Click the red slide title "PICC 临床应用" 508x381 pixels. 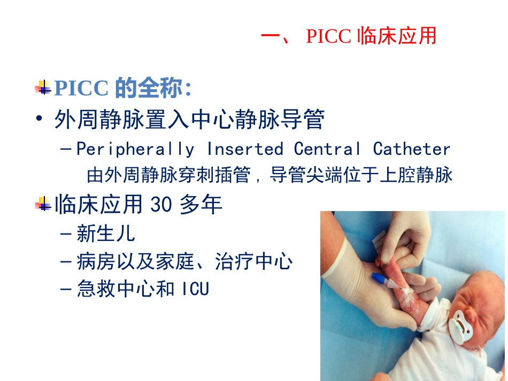349,36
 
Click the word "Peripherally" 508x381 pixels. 135,149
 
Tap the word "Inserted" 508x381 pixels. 244,149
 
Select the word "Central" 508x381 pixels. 327,149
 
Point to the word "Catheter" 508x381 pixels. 412,149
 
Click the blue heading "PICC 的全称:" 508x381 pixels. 123,89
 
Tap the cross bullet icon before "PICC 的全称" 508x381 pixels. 43,87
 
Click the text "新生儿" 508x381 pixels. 106,234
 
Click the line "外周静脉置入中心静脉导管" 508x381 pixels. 189,120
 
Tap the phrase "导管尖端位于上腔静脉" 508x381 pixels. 361,175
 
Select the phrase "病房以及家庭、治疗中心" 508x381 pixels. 184,262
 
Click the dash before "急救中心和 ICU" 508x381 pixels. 66,290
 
